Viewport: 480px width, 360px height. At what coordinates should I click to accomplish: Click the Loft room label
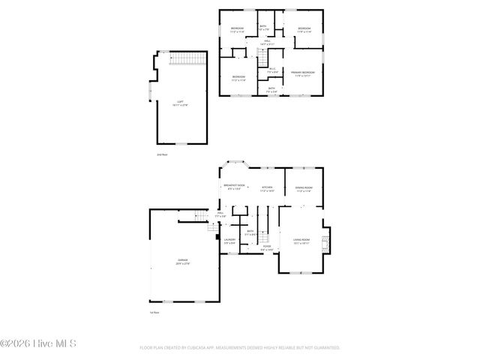(x=180, y=103)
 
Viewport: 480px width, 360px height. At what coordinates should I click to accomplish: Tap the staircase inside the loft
(x=187, y=58)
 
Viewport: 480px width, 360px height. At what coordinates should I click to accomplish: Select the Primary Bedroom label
(x=303, y=73)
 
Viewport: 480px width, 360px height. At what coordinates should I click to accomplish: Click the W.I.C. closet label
(x=272, y=70)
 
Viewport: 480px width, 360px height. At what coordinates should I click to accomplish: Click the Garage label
(x=183, y=262)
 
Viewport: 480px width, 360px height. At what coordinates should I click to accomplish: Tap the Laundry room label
(x=229, y=241)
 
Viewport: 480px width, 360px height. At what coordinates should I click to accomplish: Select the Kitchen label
(x=267, y=190)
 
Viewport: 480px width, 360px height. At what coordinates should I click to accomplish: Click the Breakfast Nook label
(x=234, y=187)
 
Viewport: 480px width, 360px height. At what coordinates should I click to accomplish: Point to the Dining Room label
(x=303, y=189)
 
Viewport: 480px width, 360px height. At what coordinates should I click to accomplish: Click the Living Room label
(x=301, y=241)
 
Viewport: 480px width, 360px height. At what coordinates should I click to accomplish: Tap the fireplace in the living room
(x=325, y=241)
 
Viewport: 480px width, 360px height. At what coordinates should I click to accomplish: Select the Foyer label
(x=266, y=247)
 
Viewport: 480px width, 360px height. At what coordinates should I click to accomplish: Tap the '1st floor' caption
(x=155, y=312)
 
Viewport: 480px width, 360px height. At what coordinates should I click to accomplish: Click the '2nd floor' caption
(x=161, y=154)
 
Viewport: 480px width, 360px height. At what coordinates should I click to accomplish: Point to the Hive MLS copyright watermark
(x=38, y=343)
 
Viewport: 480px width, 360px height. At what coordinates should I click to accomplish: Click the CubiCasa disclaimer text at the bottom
(x=240, y=348)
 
